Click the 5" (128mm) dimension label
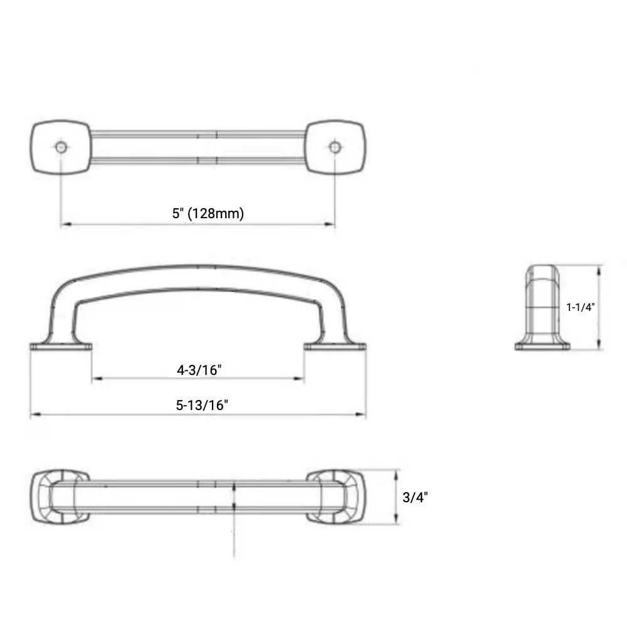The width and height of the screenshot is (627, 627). coord(208,213)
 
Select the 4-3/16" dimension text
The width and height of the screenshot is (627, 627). coord(199,370)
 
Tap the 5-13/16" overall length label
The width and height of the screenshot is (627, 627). coord(202,405)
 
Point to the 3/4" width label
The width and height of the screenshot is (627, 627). coord(415,497)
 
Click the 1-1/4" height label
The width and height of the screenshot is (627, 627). coord(580,307)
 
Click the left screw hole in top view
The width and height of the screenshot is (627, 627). coord(61,147)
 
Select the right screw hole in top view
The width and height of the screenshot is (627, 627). coord(335,147)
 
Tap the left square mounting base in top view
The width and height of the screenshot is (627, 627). coord(61,147)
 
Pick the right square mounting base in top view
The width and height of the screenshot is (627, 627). coord(335,147)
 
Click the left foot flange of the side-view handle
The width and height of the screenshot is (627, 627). coord(61,346)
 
